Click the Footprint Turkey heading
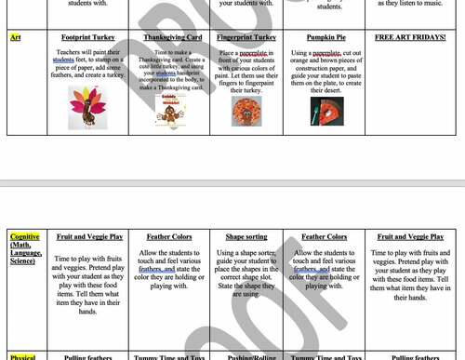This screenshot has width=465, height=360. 88,38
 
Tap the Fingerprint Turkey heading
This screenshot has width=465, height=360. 246,38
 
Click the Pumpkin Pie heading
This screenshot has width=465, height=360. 326,38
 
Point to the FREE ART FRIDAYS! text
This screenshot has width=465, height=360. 409,38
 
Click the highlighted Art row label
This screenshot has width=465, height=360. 16,38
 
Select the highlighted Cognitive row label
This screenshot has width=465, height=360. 25,237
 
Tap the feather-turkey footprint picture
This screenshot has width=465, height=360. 88,108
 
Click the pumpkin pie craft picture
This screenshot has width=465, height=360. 326,111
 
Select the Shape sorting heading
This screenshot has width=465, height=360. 246,237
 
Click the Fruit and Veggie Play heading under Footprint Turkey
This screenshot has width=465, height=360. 89,237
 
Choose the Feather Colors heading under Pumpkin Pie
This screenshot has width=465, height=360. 326,237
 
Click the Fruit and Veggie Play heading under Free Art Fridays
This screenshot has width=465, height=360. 410,237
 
